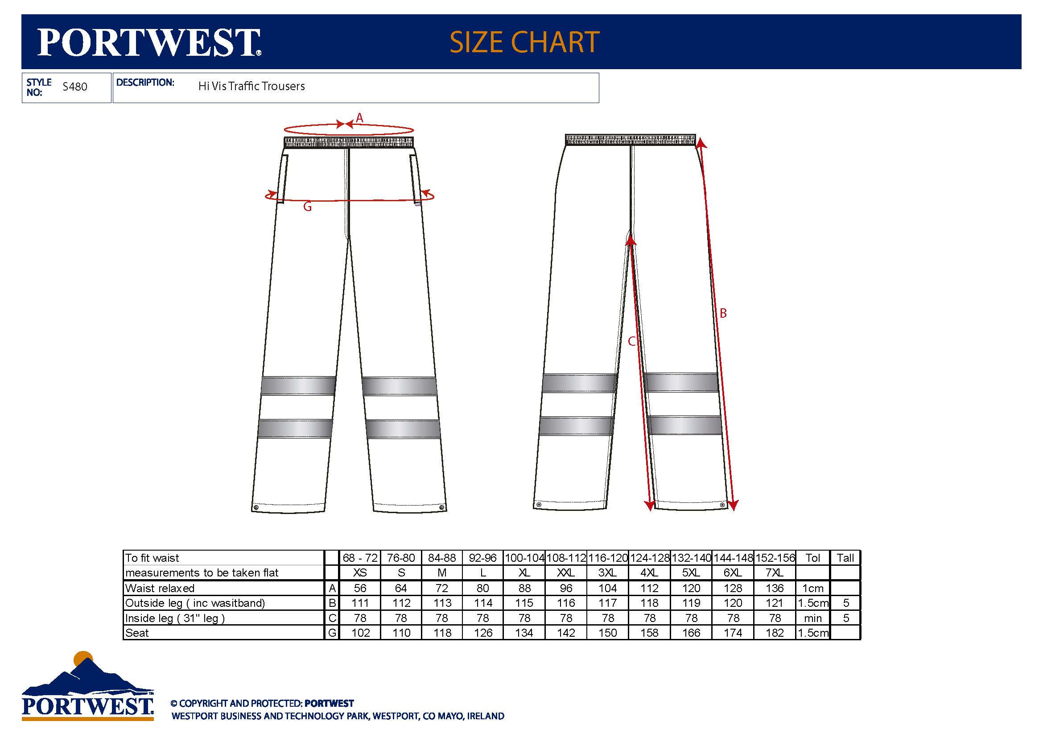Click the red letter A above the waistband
[359, 118]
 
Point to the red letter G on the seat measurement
[308, 207]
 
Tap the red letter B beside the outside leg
[723, 313]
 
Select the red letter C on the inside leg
[632, 341]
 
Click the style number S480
[75, 87]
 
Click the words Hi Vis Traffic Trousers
[251, 87]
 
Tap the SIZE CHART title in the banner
[525, 42]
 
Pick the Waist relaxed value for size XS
[360, 588]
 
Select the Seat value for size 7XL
[775, 633]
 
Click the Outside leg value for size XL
[524, 603]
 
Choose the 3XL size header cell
[607, 572]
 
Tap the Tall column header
[845, 558]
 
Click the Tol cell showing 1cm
[813, 588]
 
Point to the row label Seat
[137, 633]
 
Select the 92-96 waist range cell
[482, 558]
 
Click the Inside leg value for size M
[441, 618]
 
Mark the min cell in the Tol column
[813, 618]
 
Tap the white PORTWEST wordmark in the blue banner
[149, 42]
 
